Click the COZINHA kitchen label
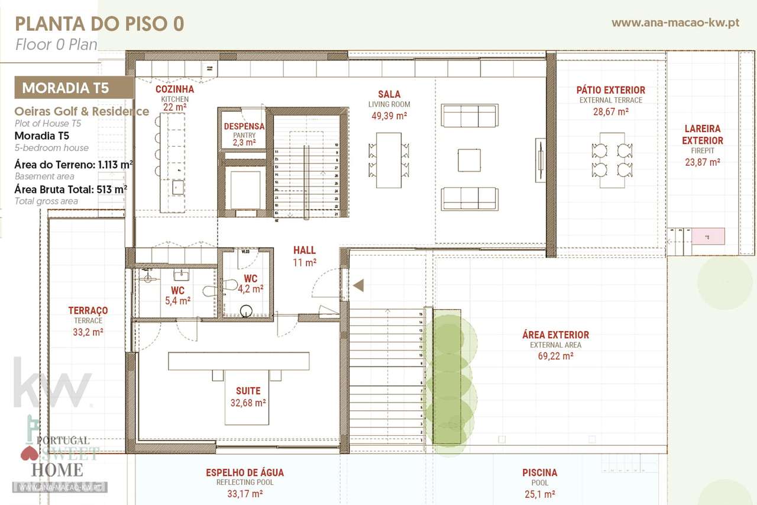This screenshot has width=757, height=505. (174, 89)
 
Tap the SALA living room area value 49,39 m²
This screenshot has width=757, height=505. (389, 115)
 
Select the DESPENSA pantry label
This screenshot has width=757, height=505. (244, 127)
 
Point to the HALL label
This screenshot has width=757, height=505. (305, 250)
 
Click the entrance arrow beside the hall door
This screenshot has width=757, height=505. (358, 286)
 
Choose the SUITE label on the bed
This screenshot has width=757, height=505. (248, 391)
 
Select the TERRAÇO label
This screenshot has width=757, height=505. (88, 311)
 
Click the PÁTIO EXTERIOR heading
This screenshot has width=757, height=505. (611, 90)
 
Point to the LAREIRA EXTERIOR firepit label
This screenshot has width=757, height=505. (703, 134)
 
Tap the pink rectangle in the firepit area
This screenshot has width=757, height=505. (708, 236)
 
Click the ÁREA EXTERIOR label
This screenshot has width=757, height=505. (555, 335)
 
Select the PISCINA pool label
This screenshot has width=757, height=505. (539, 472)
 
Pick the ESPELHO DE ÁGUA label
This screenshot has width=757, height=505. (245, 472)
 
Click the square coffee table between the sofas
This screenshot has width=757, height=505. (469, 160)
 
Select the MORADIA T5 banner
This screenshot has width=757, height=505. (66, 88)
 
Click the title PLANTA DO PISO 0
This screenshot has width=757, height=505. (99, 24)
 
